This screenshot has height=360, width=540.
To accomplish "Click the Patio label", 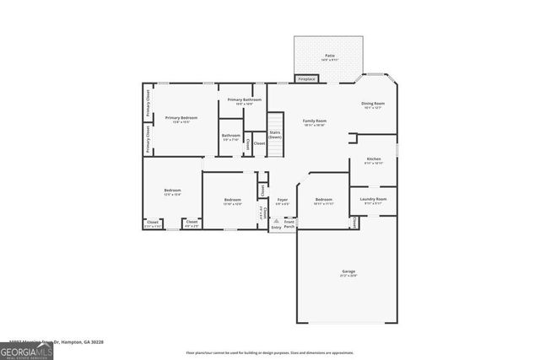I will [x=328, y=56].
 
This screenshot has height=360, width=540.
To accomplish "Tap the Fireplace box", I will [x=305, y=79].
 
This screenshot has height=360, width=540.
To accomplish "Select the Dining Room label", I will [x=373, y=103].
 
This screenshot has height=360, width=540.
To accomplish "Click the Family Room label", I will [x=315, y=121].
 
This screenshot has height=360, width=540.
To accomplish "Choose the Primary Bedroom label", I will [x=181, y=118].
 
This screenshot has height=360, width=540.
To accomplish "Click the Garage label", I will [x=348, y=271].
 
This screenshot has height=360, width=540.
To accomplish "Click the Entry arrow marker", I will [x=276, y=222].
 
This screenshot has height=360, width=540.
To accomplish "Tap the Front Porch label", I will [x=289, y=224].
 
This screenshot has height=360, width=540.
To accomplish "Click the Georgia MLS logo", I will [x=25, y=350].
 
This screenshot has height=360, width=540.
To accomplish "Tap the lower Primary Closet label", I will [x=148, y=138].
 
